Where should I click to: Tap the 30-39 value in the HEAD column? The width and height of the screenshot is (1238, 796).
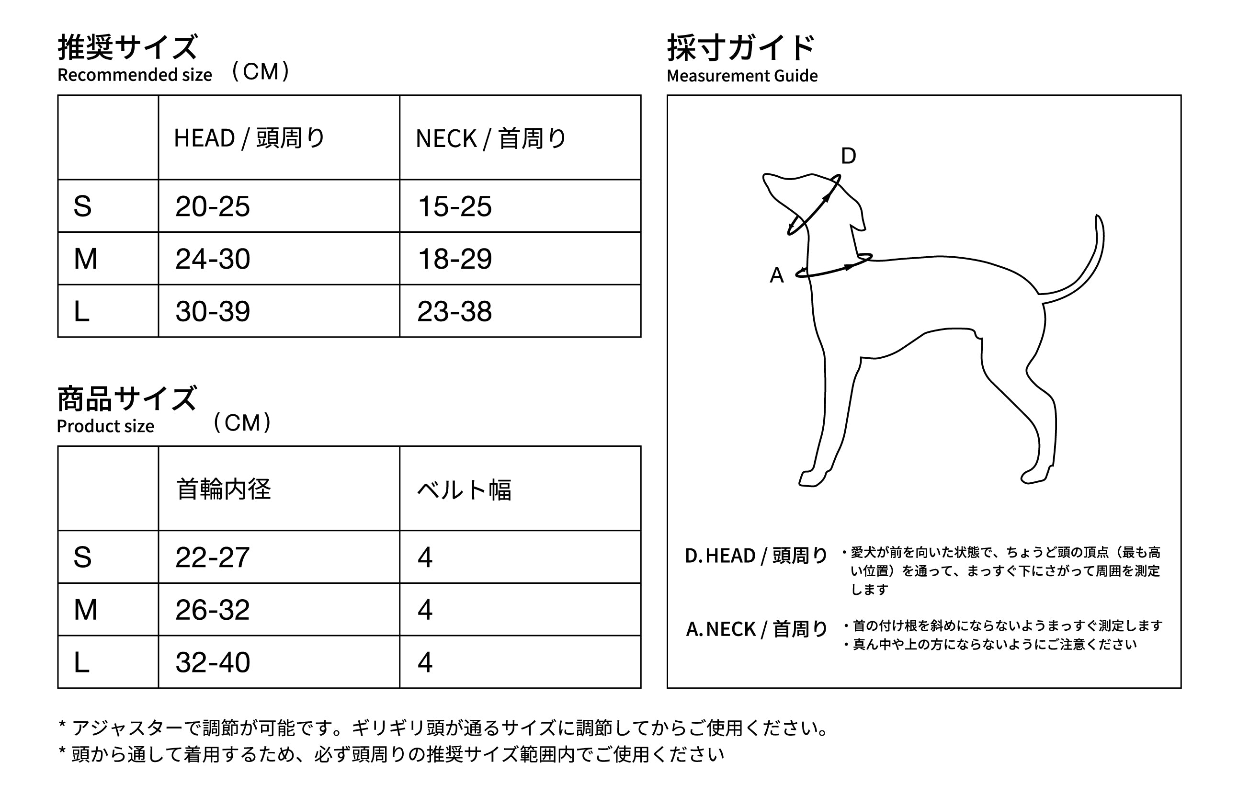(x=212, y=311)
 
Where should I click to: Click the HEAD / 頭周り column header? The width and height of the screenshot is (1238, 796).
(x=249, y=138)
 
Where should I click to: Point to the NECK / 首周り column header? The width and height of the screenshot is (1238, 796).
(x=491, y=138)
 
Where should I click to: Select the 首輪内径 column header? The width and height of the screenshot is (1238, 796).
(x=223, y=489)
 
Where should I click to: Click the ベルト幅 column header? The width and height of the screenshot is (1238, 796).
(x=464, y=489)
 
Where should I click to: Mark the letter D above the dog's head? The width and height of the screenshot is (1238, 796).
(x=849, y=156)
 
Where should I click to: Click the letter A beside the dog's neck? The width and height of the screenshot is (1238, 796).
(x=777, y=275)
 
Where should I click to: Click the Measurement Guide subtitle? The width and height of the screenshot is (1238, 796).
(x=742, y=76)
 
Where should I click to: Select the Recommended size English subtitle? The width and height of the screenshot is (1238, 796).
(x=135, y=75)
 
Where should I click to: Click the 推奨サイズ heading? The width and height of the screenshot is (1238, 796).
(x=127, y=47)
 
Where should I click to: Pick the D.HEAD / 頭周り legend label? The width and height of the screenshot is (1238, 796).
(x=756, y=556)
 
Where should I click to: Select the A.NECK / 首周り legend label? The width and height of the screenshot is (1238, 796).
(x=756, y=629)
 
